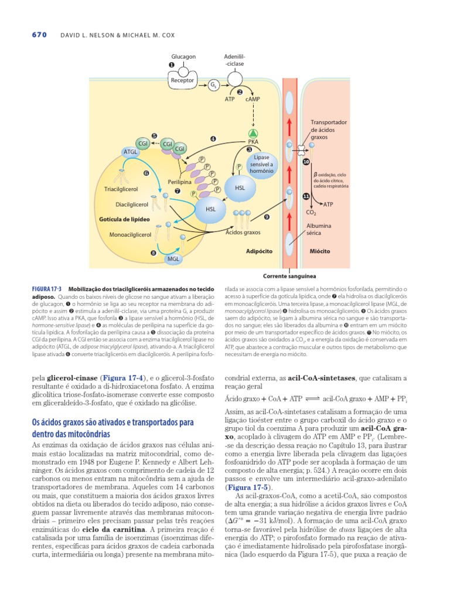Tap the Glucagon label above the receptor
tap(183, 57)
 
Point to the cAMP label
tap(253, 99)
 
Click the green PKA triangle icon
tap(254, 132)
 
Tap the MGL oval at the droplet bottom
tap(173, 258)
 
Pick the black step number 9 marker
tap(267, 217)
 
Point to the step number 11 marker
tap(306, 196)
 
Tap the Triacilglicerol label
tap(121, 190)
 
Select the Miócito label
tap(319, 250)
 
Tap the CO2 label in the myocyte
tap(311, 212)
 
